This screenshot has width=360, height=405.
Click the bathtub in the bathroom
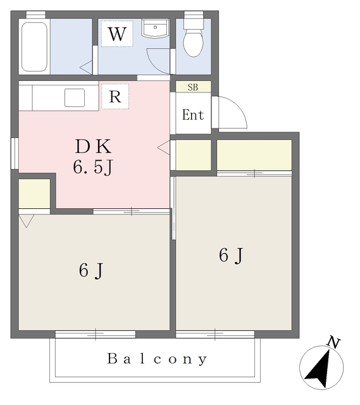tap(34, 47)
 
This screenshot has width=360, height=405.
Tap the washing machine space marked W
tap(117, 34)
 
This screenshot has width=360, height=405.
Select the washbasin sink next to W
tap(155, 28)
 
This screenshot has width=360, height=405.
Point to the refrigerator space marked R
tap(115, 96)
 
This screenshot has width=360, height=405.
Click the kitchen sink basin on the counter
tap(75, 97)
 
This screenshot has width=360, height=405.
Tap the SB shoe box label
tap(193, 87)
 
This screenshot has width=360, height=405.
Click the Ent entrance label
tap(193, 115)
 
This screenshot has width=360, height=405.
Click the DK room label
tap(93, 146)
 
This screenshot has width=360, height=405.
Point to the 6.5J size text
tap(93, 167)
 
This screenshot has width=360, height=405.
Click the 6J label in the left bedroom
tap(91, 271)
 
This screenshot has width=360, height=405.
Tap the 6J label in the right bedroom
tap(231, 256)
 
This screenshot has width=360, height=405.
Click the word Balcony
tap(157, 359)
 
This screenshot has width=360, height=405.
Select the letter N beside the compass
tap(333, 343)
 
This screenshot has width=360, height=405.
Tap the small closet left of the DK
tap(34, 194)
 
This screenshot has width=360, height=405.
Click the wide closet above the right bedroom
tap(254, 155)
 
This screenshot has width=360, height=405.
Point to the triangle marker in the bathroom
tap(86, 68)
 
